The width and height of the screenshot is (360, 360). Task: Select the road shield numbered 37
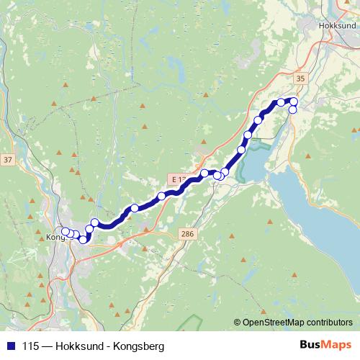pyautogui.click(x=8, y=158)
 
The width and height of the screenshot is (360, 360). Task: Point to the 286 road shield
pyautogui.click(x=188, y=234)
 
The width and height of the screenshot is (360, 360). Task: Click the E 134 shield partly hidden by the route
pyautogui.click(x=178, y=177)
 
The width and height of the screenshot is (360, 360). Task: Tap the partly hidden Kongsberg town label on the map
pyautogui.click(x=55, y=236)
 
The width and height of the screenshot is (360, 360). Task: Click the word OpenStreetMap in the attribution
pyautogui.click(x=277, y=323)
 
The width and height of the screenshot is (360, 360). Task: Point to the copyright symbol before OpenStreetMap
pyautogui.click(x=238, y=323)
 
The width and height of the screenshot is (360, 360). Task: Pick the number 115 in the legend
pyautogui.click(x=30, y=346)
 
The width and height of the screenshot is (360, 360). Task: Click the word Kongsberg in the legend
pyautogui.click(x=139, y=346)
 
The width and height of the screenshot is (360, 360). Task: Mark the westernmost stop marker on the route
pyautogui.click(x=66, y=231)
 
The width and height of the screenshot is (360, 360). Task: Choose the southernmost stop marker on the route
pyautogui.click(x=84, y=239)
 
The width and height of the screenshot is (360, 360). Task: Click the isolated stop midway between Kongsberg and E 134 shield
pyautogui.click(x=134, y=208)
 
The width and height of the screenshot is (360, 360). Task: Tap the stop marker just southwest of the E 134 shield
pyautogui.click(x=162, y=195)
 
